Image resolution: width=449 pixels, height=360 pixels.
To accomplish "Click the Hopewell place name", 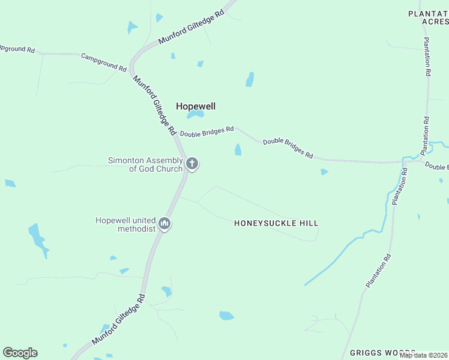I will point(195,106).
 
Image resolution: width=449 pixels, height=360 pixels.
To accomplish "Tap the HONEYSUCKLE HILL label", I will point(276,223).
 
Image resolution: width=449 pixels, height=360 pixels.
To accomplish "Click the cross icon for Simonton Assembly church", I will point(192,163).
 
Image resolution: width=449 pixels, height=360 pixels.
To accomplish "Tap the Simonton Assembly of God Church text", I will point(145,164).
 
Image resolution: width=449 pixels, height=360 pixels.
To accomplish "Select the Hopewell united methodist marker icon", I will point(164,224).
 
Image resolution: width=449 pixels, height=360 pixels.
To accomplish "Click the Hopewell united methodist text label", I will point(125,224).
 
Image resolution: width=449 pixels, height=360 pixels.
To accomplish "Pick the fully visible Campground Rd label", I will point(104,62).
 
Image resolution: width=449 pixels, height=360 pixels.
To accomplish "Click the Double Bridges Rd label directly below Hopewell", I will point(207,130).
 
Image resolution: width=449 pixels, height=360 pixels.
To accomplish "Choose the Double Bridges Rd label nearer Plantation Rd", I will point(288,148).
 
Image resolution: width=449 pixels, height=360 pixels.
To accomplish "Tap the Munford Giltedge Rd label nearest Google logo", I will point(118,319).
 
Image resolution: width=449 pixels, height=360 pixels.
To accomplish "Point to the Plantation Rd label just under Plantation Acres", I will point(427,56).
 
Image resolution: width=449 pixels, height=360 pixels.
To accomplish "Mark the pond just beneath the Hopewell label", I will point(195,115).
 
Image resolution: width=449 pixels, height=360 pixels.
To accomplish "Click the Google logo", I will point(20,353).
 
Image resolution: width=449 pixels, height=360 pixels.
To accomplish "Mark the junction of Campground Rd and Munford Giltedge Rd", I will point(131,67).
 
